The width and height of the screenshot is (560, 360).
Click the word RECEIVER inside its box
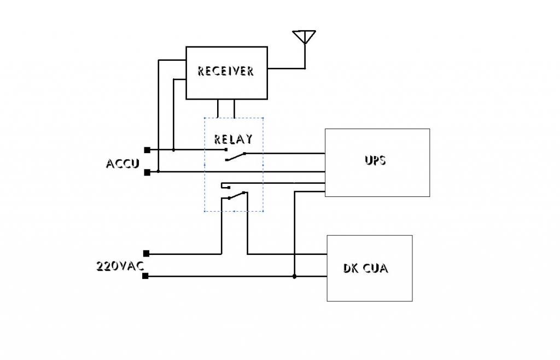[x=226, y=71]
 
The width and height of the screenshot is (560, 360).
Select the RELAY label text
[x=233, y=139]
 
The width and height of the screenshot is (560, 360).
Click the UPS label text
[x=375, y=160]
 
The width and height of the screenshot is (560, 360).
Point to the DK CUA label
[x=365, y=268]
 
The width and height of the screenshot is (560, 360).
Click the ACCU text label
[x=122, y=164]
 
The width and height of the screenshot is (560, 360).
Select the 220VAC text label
[x=120, y=266]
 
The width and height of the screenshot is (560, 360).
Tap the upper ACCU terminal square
[x=147, y=150]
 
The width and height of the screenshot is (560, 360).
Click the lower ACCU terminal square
[x=147, y=172]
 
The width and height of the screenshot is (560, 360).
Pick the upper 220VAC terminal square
[x=146, y=253]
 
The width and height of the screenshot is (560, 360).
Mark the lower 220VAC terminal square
[x=145, y=276]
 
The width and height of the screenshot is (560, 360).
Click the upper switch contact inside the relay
[x=236, y=157]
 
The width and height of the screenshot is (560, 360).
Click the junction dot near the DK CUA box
[x=294, y=276]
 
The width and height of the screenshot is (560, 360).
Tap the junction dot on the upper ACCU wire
[x=173, y=150]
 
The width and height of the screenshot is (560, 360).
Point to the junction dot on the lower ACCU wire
[x=158, y=171]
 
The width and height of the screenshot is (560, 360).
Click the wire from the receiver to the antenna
[x=287, y=68]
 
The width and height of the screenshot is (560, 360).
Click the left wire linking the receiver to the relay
[x=218, y=108]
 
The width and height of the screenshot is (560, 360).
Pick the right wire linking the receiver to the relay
[x=234, y=108]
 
